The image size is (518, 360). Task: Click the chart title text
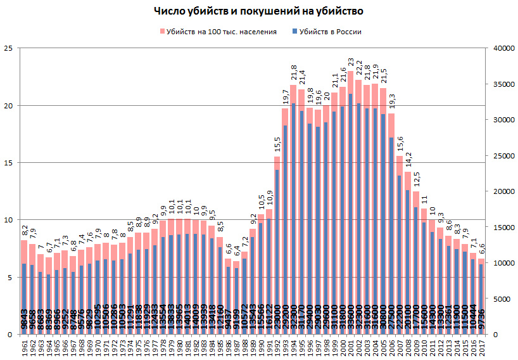click(258, 11)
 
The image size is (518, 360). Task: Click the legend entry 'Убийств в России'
click(326, 32)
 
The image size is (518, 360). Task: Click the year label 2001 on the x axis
click(351, 347)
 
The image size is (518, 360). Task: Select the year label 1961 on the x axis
click(24, 347)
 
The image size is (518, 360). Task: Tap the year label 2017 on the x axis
click(481, 347)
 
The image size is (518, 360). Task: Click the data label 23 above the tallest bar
click(351, 62)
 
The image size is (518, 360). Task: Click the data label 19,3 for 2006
click(391, 101)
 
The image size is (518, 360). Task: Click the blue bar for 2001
click(351, 209)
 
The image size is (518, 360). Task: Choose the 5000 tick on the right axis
click(496, 299)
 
